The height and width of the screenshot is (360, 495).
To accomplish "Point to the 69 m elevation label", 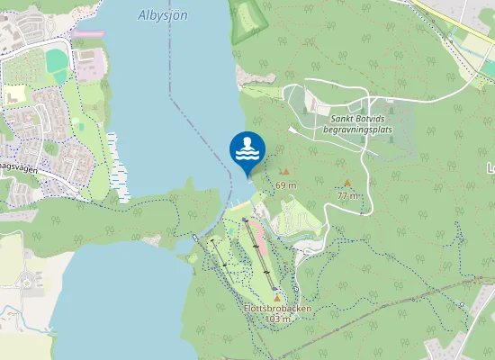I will (286, 184).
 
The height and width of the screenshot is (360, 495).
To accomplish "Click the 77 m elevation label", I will (347, 195).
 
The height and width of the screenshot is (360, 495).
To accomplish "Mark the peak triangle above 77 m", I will (347, 183).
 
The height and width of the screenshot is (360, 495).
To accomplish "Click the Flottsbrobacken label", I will (277, 308).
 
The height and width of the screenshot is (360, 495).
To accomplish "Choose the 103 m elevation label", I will (277, 319).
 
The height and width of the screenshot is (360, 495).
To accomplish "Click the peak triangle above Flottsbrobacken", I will (277, 297).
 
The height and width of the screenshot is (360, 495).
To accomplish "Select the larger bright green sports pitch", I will (57, 61).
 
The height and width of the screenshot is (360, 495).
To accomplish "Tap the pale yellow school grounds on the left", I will (14, 94).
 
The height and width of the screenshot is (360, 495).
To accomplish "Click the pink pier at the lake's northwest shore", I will (88, 35).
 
